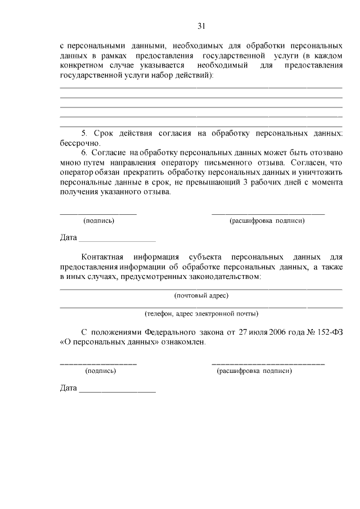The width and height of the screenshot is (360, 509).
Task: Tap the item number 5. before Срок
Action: (85, 133)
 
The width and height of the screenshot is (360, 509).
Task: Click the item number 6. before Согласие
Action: (85, 152)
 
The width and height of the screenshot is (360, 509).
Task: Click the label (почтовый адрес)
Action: (201, 295)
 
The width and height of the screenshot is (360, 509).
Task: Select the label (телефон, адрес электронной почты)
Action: (201, 314)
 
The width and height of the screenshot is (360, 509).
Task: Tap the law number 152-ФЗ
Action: (329, 332)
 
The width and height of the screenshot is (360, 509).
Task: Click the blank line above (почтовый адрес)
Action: (201, 289)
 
